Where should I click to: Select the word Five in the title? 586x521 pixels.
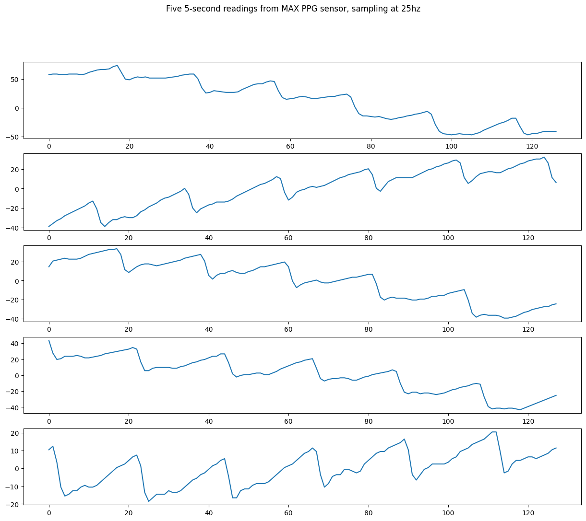174,9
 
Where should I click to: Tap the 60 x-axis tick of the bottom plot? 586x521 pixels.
288,514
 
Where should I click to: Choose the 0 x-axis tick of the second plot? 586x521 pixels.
48,238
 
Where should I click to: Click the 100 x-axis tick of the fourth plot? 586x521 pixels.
448,421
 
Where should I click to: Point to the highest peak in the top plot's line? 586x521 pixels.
117,65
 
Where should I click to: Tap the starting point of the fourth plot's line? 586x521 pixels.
49,340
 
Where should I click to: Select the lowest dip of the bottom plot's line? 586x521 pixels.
149,501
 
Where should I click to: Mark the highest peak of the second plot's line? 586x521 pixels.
544,157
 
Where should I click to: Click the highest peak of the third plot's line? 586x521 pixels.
117,249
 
